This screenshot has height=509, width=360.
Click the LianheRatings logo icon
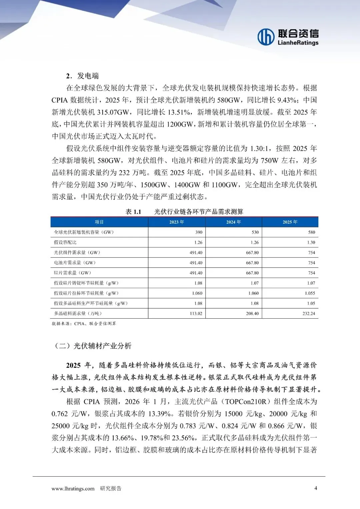(x=266, y=37)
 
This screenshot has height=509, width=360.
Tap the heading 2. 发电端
(x=82, y=76)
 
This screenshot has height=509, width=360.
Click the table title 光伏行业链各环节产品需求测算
(x=199, y=212)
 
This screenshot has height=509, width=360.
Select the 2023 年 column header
(x=177, y=222)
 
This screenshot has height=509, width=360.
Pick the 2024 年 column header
(x=233, y=222)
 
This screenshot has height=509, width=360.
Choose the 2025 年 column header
(x=290, y=222)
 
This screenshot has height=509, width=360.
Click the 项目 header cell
(x=99, y=222)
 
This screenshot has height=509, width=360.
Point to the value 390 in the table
(x=199, y=232)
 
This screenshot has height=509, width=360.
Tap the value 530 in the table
(x=255, y=232)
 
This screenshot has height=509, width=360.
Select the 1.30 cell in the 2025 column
(x=311, y=242)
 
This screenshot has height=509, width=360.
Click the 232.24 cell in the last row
(x=309, y=313)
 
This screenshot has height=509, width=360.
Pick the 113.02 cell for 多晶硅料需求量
(x=196, y=313)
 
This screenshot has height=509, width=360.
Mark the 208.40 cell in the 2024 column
(x=252, y=313)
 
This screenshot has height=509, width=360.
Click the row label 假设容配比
(x=65, y=242)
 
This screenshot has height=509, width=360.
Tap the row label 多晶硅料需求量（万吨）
(x=78, y=313)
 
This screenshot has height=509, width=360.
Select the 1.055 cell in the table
(x=310, y=293)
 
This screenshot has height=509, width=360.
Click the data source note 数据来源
(x=84, y=324)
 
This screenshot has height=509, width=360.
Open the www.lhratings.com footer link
(x=73, y=489)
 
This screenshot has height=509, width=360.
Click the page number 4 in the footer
(x=316, y=488)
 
